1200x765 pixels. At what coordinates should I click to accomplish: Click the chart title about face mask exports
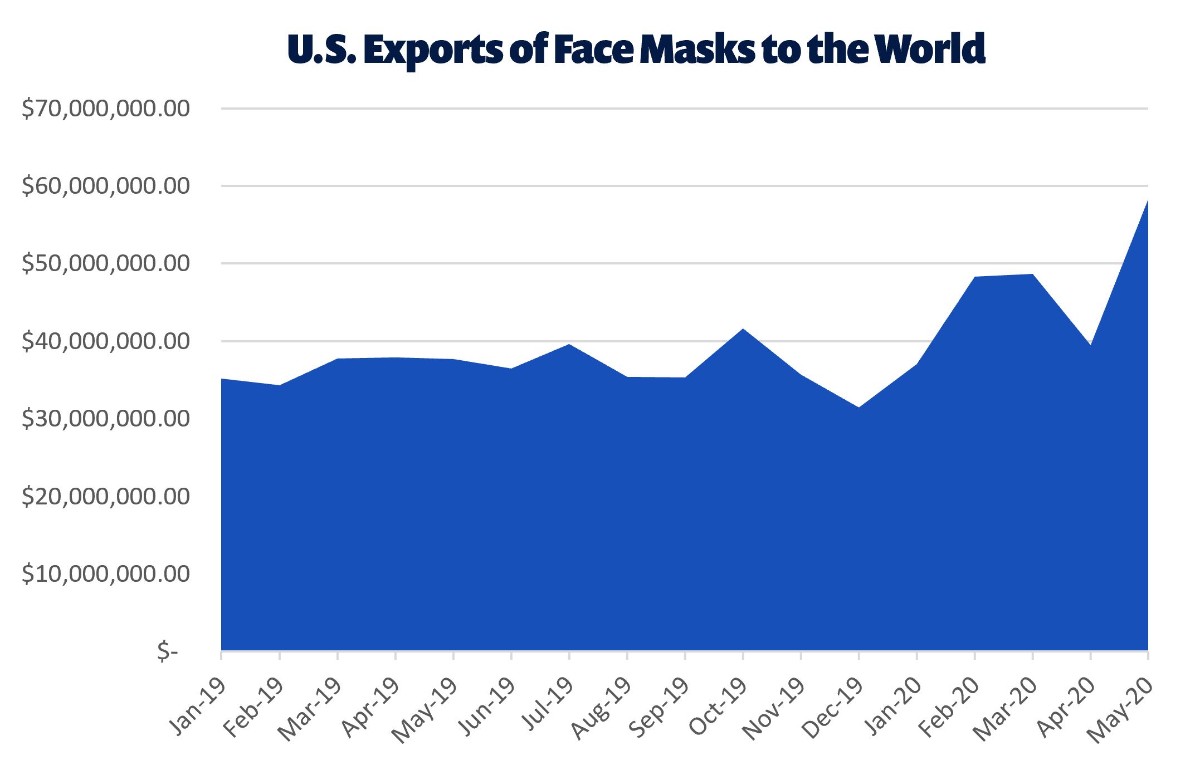coord(636,49)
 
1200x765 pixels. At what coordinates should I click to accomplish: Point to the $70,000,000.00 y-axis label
coord(106,109)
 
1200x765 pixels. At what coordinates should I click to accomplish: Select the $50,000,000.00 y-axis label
coord(106,263)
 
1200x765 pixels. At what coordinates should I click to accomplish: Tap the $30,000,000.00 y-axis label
coord(106,419)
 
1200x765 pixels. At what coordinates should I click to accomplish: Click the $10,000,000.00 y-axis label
coord(106,573)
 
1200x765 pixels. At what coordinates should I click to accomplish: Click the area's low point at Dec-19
coord(858,408)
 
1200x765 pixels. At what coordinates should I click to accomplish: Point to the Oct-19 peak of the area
coord(743,329)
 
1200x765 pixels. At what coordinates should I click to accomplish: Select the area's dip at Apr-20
coord(1090,345)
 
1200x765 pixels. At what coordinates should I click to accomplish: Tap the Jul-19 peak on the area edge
coord(569,345)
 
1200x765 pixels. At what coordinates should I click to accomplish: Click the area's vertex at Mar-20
coord(1032,274)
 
